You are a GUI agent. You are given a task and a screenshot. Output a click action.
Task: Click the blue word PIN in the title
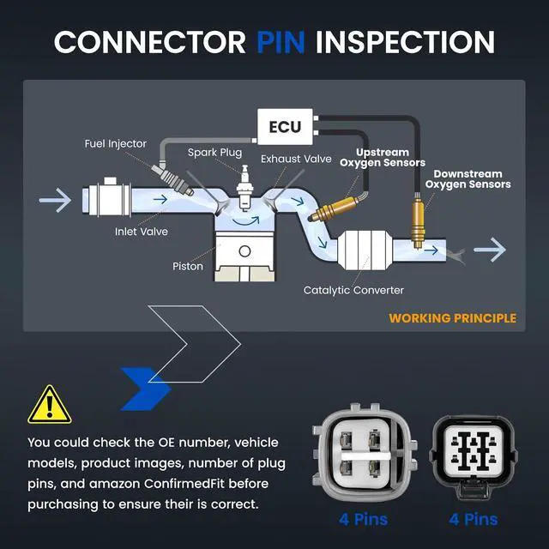tap(281, 42)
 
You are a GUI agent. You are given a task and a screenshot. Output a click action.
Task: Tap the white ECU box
tap(285, 127)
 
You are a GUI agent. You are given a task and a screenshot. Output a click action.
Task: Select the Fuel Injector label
tap(115, 144)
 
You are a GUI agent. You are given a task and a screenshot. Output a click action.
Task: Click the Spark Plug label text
tap(214, 153)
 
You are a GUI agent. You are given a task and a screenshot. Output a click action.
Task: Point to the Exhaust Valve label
tap(296, 159)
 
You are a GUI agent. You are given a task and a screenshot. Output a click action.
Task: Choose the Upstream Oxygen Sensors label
tap(383, 158)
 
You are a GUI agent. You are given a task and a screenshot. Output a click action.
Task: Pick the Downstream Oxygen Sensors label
tap(468, 179)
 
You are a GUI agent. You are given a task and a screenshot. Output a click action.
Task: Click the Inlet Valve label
tap(142, 232)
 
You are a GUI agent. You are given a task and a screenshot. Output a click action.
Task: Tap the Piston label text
tap(188, 266)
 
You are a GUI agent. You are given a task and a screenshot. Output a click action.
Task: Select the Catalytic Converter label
tap(353, 290)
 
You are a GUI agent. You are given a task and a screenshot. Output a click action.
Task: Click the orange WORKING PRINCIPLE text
tap(452, 318)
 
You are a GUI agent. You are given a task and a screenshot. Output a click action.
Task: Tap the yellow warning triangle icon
tap(50, 405)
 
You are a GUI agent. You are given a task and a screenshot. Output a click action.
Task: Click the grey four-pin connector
tap(365, 452)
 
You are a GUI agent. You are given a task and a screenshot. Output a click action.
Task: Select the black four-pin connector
tap(474, 457)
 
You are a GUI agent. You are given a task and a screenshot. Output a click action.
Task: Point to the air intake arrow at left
tap(55, 200)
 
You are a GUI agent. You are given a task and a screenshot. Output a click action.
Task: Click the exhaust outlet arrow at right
tap(490, 250)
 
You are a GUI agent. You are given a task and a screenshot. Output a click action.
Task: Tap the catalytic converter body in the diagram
tap(364, 250)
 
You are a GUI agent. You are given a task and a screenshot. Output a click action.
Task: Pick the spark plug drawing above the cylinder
tap(244, 188)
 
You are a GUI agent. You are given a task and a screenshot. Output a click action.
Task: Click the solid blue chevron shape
tap(146, 389)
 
